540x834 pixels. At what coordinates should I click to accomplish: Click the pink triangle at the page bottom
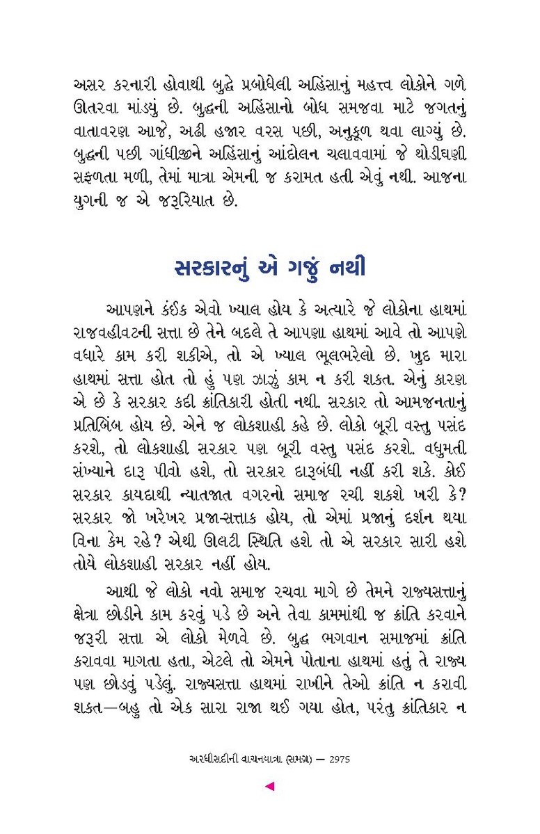(270, 786)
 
